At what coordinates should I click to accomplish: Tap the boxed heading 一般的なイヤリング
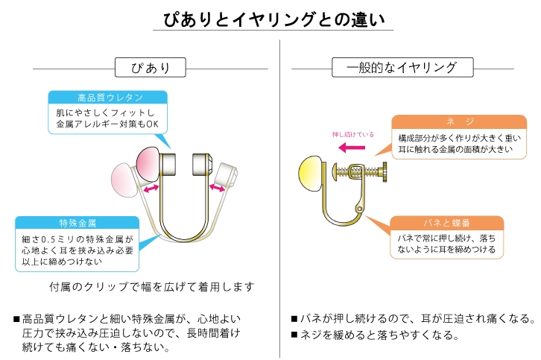[x=403, y=68]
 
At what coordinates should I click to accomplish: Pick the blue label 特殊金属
[x=77, y=223]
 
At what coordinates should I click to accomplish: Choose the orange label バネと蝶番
[x=447, y=223]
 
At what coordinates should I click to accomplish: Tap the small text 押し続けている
[x=352, y=135]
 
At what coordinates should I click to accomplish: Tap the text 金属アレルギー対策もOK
[x=108, y=124]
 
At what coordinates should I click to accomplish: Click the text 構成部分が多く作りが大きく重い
[x=453, y=138]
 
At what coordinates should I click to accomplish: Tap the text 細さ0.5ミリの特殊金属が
[x=77, y=239]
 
